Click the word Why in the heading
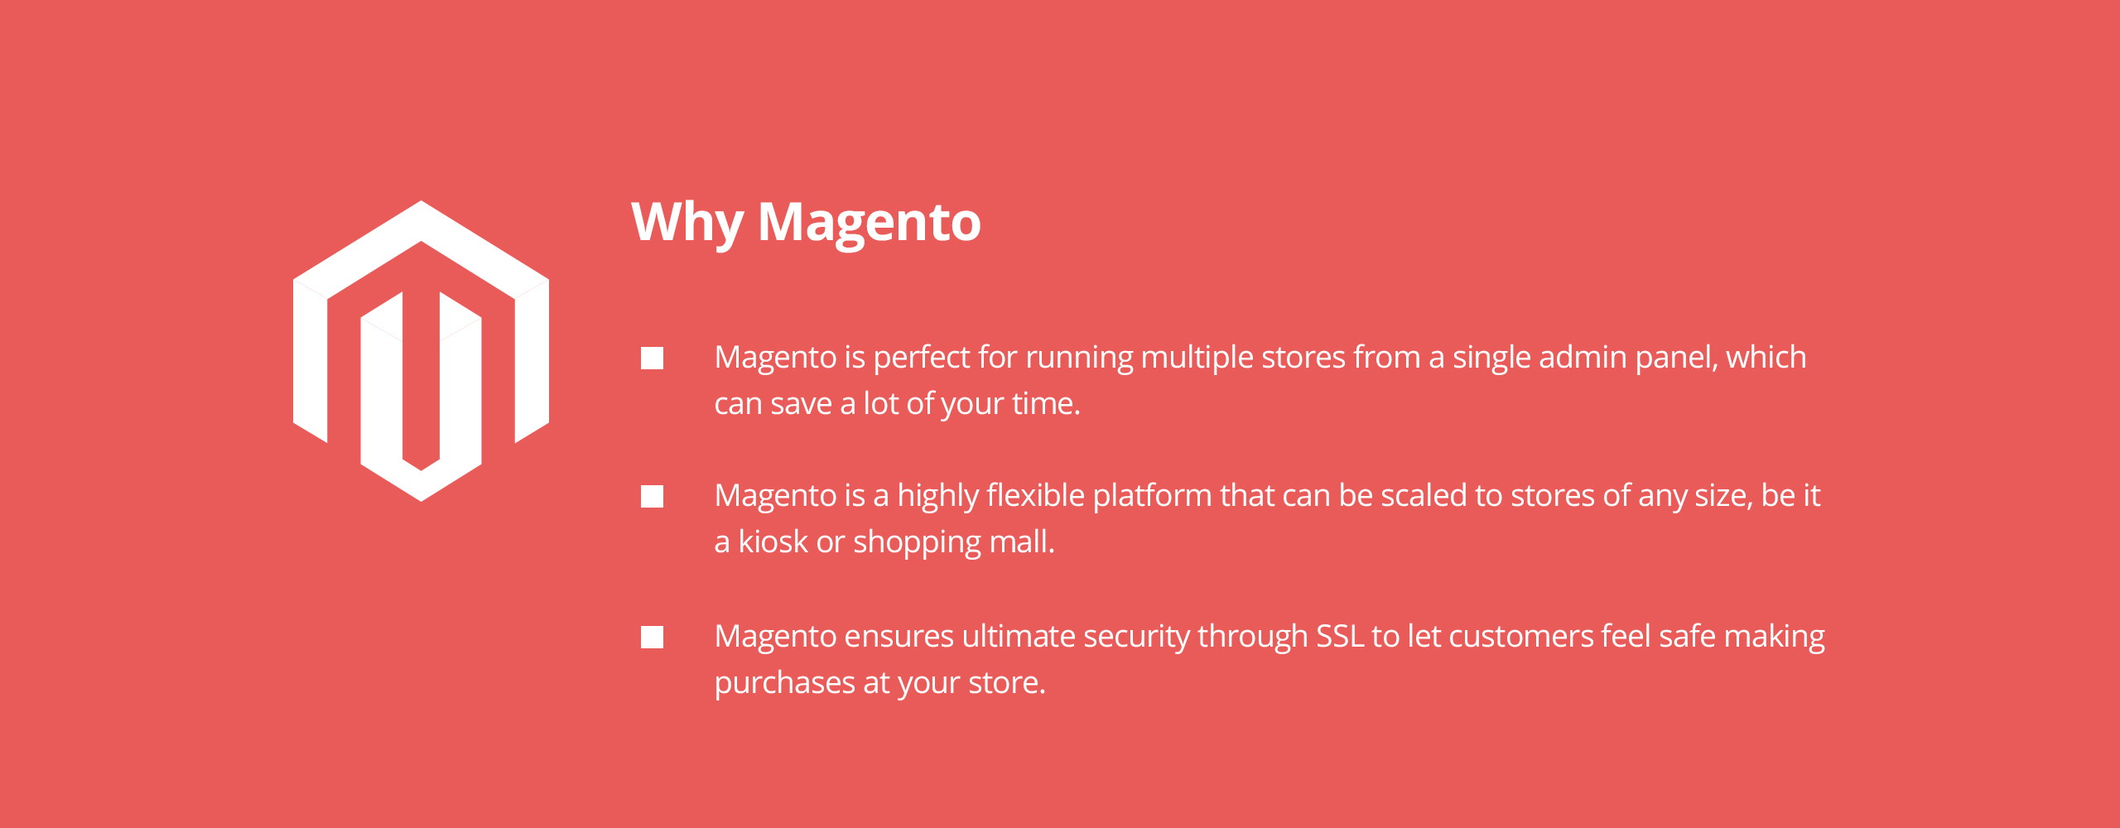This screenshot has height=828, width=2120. [687, 223]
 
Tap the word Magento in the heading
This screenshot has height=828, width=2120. [870, 223]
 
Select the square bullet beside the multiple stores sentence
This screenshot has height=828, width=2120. [652, 358]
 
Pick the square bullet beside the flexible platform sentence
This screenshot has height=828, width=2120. [652, 496]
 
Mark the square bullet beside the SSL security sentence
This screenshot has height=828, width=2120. [652, 637]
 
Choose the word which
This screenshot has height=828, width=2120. [1766, 357]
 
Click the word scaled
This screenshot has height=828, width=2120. [1424, 495]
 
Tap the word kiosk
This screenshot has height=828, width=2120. [773, 542]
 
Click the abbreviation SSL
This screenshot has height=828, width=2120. [1339, 636]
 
